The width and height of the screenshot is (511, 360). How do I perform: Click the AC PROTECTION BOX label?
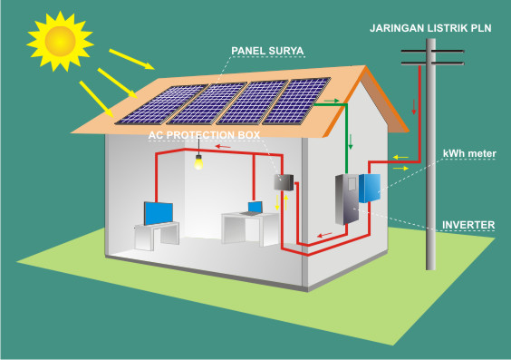click(204, 134)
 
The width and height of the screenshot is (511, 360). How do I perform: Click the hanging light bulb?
click(197, 162)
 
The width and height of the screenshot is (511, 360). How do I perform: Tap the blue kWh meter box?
click(371, 188)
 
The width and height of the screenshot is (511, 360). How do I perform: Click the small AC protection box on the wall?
click(282, 181)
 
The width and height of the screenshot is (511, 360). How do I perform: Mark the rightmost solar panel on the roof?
click(294, 101)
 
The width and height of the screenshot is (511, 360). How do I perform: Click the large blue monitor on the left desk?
click(160, 213)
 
